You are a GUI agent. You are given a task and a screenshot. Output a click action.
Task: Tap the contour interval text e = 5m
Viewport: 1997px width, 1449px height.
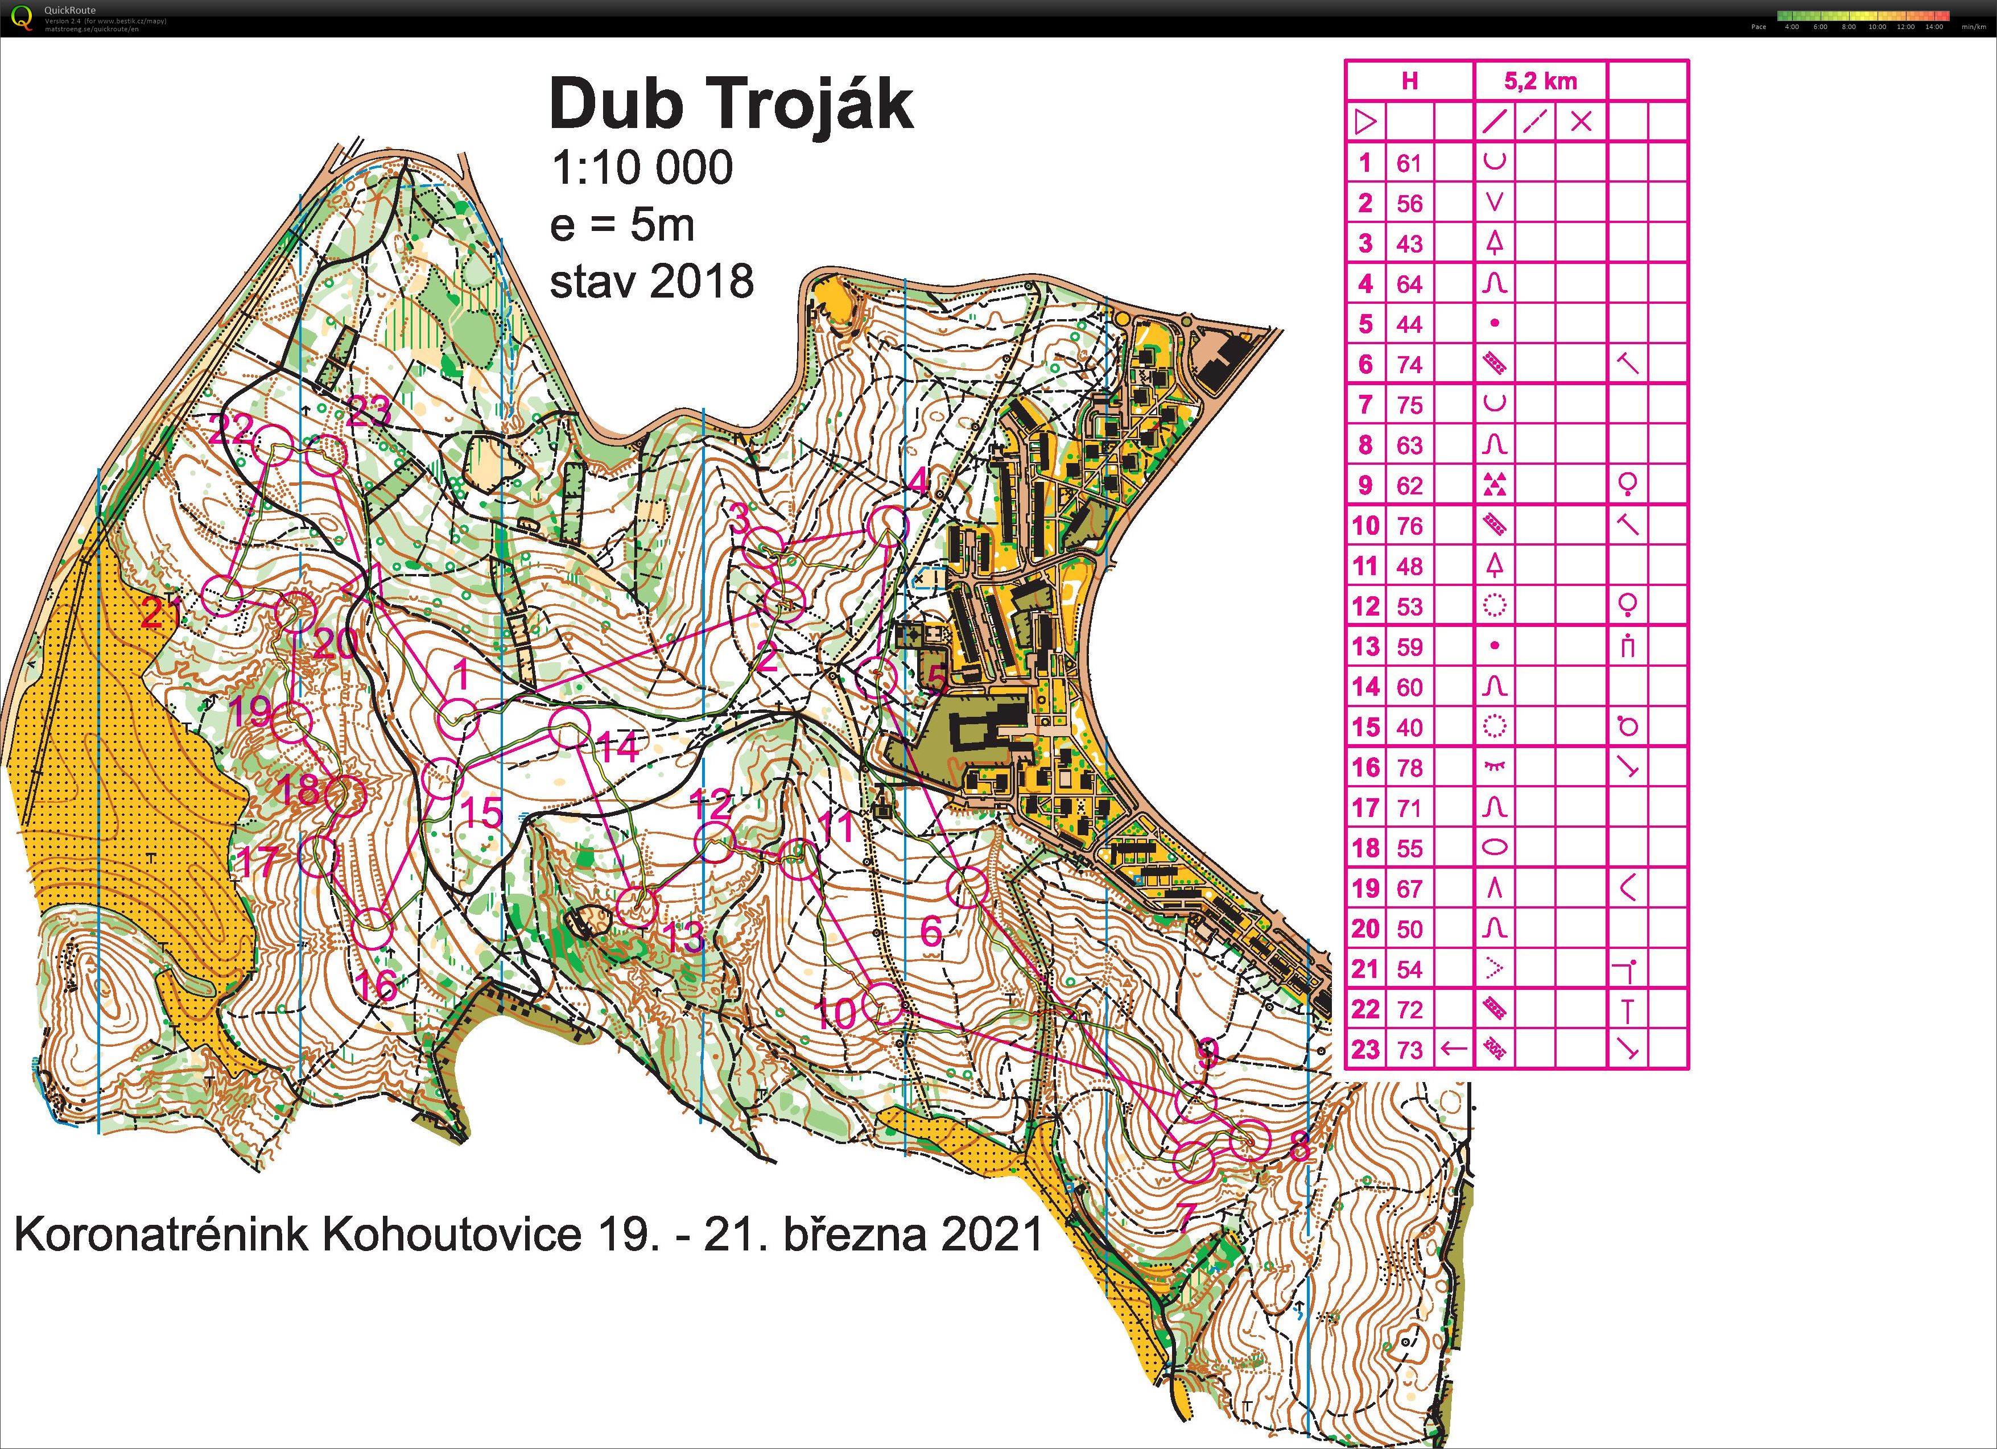pyautogui.click(x=622, y=225)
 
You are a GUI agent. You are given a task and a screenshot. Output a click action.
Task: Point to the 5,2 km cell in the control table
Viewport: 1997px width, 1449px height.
pyautogui.click(x=1540, y=81)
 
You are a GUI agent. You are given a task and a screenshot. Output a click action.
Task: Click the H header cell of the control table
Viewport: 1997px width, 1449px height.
pyautogui.click(x=1410, y=81)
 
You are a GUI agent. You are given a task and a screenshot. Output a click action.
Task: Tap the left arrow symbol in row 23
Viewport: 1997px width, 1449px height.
pyautogui.click(x=1453, y=1049)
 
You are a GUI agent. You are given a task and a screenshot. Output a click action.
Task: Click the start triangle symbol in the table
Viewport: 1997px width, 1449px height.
pyautogui.click(x=1365, y=122)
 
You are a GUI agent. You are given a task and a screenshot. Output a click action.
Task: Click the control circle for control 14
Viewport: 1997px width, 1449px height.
pyautogui.click(x=569, y=729)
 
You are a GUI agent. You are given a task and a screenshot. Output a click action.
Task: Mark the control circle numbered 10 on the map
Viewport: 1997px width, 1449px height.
pyautogui.click(x=883, y=1005)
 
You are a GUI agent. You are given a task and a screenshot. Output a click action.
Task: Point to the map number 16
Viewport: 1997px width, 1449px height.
pyautogui.click(x=376, y=985)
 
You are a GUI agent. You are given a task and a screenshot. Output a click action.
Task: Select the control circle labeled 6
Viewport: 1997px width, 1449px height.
pyautogui.click(x=969, y=886)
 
